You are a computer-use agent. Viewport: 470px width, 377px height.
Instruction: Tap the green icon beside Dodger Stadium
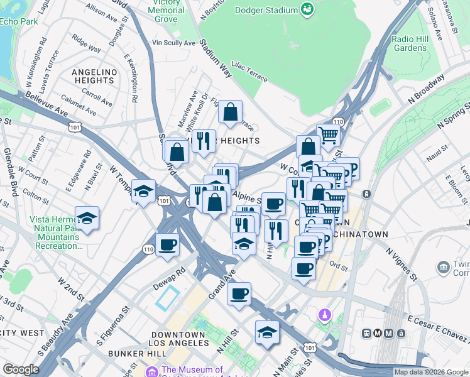click(x=307, y=9)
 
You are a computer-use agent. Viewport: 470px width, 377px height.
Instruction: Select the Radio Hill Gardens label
click(x=409, y=43)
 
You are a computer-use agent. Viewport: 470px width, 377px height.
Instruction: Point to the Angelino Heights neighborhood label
click(x=94, y=77)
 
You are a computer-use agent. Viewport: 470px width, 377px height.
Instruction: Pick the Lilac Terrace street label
click(x=249, y=71)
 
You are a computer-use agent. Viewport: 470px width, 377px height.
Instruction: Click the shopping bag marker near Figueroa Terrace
click(x=231, y=112)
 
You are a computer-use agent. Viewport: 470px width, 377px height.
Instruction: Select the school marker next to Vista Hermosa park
click(x=87, y=218)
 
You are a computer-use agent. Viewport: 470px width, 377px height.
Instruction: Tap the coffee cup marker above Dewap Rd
click(x=167, y=244)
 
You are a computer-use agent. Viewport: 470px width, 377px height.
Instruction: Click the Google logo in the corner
click(x=21, y=369)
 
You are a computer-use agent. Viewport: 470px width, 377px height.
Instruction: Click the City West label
click(x=23, y=333)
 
